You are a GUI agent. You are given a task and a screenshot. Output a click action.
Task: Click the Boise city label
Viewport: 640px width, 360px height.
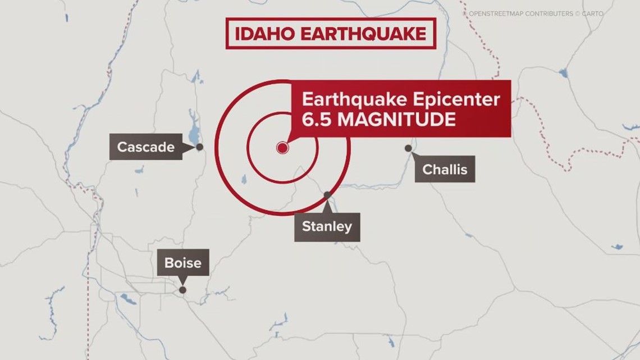click(182, 263)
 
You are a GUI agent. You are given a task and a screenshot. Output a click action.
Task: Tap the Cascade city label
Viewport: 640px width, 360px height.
click(145, 147)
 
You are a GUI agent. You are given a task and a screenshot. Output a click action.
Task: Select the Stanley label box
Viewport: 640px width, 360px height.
click(327, 227)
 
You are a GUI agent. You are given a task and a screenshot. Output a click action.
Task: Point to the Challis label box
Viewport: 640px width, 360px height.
click(445, 169)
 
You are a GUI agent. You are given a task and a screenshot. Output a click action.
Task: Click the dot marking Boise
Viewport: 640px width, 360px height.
click(182, 290)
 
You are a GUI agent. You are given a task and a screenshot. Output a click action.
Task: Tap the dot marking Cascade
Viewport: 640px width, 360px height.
click(199, 147)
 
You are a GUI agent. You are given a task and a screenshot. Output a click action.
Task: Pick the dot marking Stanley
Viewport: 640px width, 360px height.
click(327, 195)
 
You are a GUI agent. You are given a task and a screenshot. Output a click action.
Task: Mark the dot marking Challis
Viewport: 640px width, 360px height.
click(408, 148)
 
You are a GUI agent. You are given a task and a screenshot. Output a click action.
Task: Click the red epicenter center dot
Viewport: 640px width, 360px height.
click(282, 148)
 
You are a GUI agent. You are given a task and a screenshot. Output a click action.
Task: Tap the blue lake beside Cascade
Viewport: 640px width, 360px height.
click(194, 135)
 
